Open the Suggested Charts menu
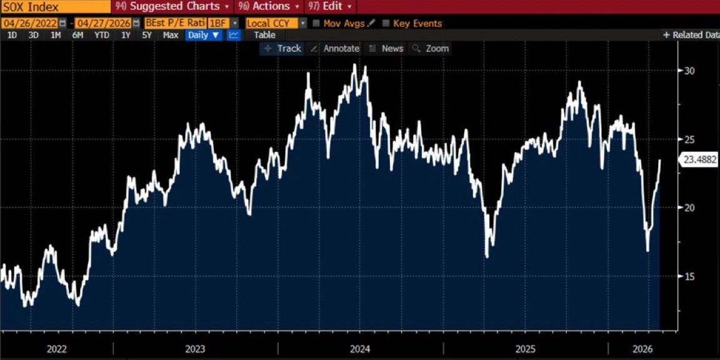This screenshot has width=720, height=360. pos(174,6)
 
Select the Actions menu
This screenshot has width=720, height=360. pos(270,6)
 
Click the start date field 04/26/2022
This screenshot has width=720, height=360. pos(31,23)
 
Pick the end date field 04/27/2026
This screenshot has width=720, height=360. pos(104,23)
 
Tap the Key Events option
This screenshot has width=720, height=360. pos(417,23)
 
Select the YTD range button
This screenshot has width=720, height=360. pos(101,35)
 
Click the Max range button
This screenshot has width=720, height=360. pos(171,35)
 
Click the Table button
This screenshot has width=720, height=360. pos(264,35)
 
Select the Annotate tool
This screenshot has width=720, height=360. pos(341,48)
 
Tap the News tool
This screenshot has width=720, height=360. pos(392,48)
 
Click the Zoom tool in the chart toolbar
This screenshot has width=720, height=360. pos(437,48)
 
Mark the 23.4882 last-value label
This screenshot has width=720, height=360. pos(699,159)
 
